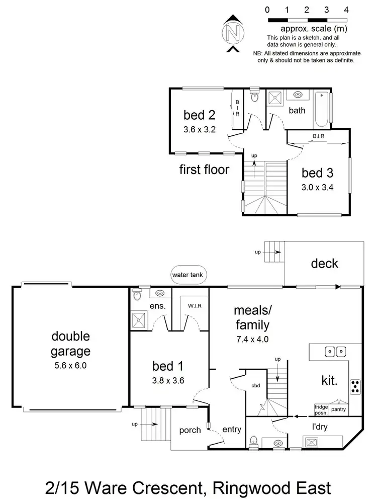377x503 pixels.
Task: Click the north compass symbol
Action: (x=232, y=33)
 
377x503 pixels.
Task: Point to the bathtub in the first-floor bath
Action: (x=321, y=110)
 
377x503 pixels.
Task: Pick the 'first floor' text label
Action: (x=204, y=170)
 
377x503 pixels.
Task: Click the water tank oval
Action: (x=186, y=275)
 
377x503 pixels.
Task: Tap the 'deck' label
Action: (x=324, y=264)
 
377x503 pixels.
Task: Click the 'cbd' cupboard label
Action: (x=255, y=386)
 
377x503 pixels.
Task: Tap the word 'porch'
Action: (x=190, y=430)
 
